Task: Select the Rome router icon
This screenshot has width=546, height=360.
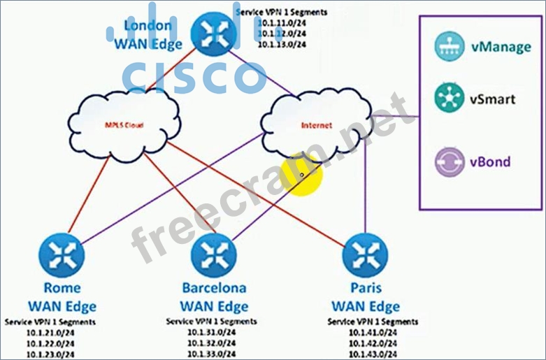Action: click(x=62, y=254)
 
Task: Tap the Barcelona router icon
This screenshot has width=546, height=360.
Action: click(x=213, y=254)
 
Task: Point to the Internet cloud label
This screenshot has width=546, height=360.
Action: click(x=316, y=126)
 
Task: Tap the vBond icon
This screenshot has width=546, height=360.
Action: click(x=445, y=162)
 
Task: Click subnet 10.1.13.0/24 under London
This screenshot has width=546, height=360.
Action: click(x=281, y=44)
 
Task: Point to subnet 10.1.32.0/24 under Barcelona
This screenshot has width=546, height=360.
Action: click(x=211, y=343)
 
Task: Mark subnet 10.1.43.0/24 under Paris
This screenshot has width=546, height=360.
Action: click(x=373, y=354)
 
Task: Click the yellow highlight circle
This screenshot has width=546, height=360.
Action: click(x=301, y=175)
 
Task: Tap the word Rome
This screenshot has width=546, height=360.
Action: click(x=62, y=287)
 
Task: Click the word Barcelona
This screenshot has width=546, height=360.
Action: click(x=213, y=287)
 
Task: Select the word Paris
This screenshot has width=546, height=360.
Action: click(x=365, y=287)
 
